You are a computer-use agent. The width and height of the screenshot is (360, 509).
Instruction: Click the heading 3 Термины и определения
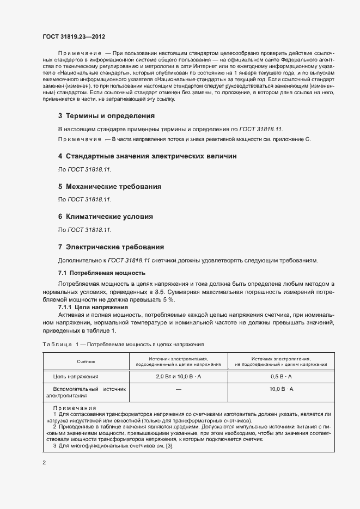coord(106,116)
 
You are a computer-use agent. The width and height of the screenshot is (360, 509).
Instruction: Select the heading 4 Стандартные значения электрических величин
coord(147,156)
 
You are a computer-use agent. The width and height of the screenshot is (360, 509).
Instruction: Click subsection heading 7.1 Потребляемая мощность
coord(101,272)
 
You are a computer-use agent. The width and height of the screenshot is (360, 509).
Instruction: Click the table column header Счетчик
coord(86,361)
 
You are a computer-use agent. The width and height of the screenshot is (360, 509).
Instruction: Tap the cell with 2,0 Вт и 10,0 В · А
coord(178,376)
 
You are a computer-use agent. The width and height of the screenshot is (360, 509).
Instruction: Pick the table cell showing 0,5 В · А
coord(281,376)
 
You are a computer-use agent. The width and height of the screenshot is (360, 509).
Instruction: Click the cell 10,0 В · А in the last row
coord(281,389)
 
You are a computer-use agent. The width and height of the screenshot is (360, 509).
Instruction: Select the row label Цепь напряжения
coord(76,376)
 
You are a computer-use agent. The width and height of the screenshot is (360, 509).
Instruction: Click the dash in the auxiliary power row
coord(178,390)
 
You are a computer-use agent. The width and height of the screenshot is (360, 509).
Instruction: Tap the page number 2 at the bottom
coord(44,463)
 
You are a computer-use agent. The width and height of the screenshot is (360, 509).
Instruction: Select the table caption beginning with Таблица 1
coord(123,345)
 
